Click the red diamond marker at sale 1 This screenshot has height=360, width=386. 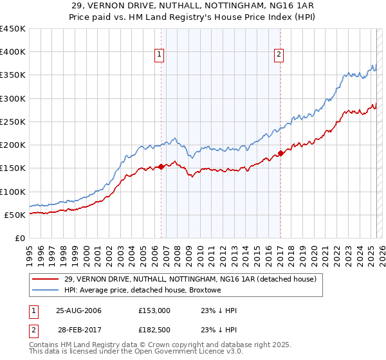[161, 166]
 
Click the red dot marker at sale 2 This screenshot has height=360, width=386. [280, 153]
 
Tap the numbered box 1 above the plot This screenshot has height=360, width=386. [158, 55]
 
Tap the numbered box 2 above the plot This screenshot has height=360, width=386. [279, 55]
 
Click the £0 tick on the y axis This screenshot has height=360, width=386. [19, 238]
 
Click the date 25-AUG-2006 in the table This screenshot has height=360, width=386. [78, 310]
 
